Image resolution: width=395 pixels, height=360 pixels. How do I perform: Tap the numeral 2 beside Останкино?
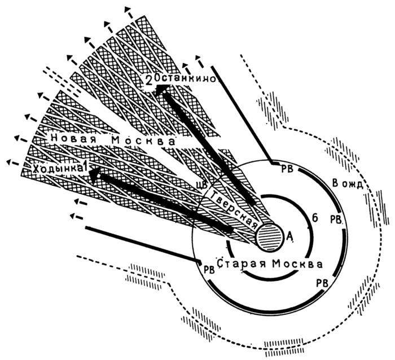coord(148,81)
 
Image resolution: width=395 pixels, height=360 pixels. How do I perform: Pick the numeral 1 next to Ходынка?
coord(85,166)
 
